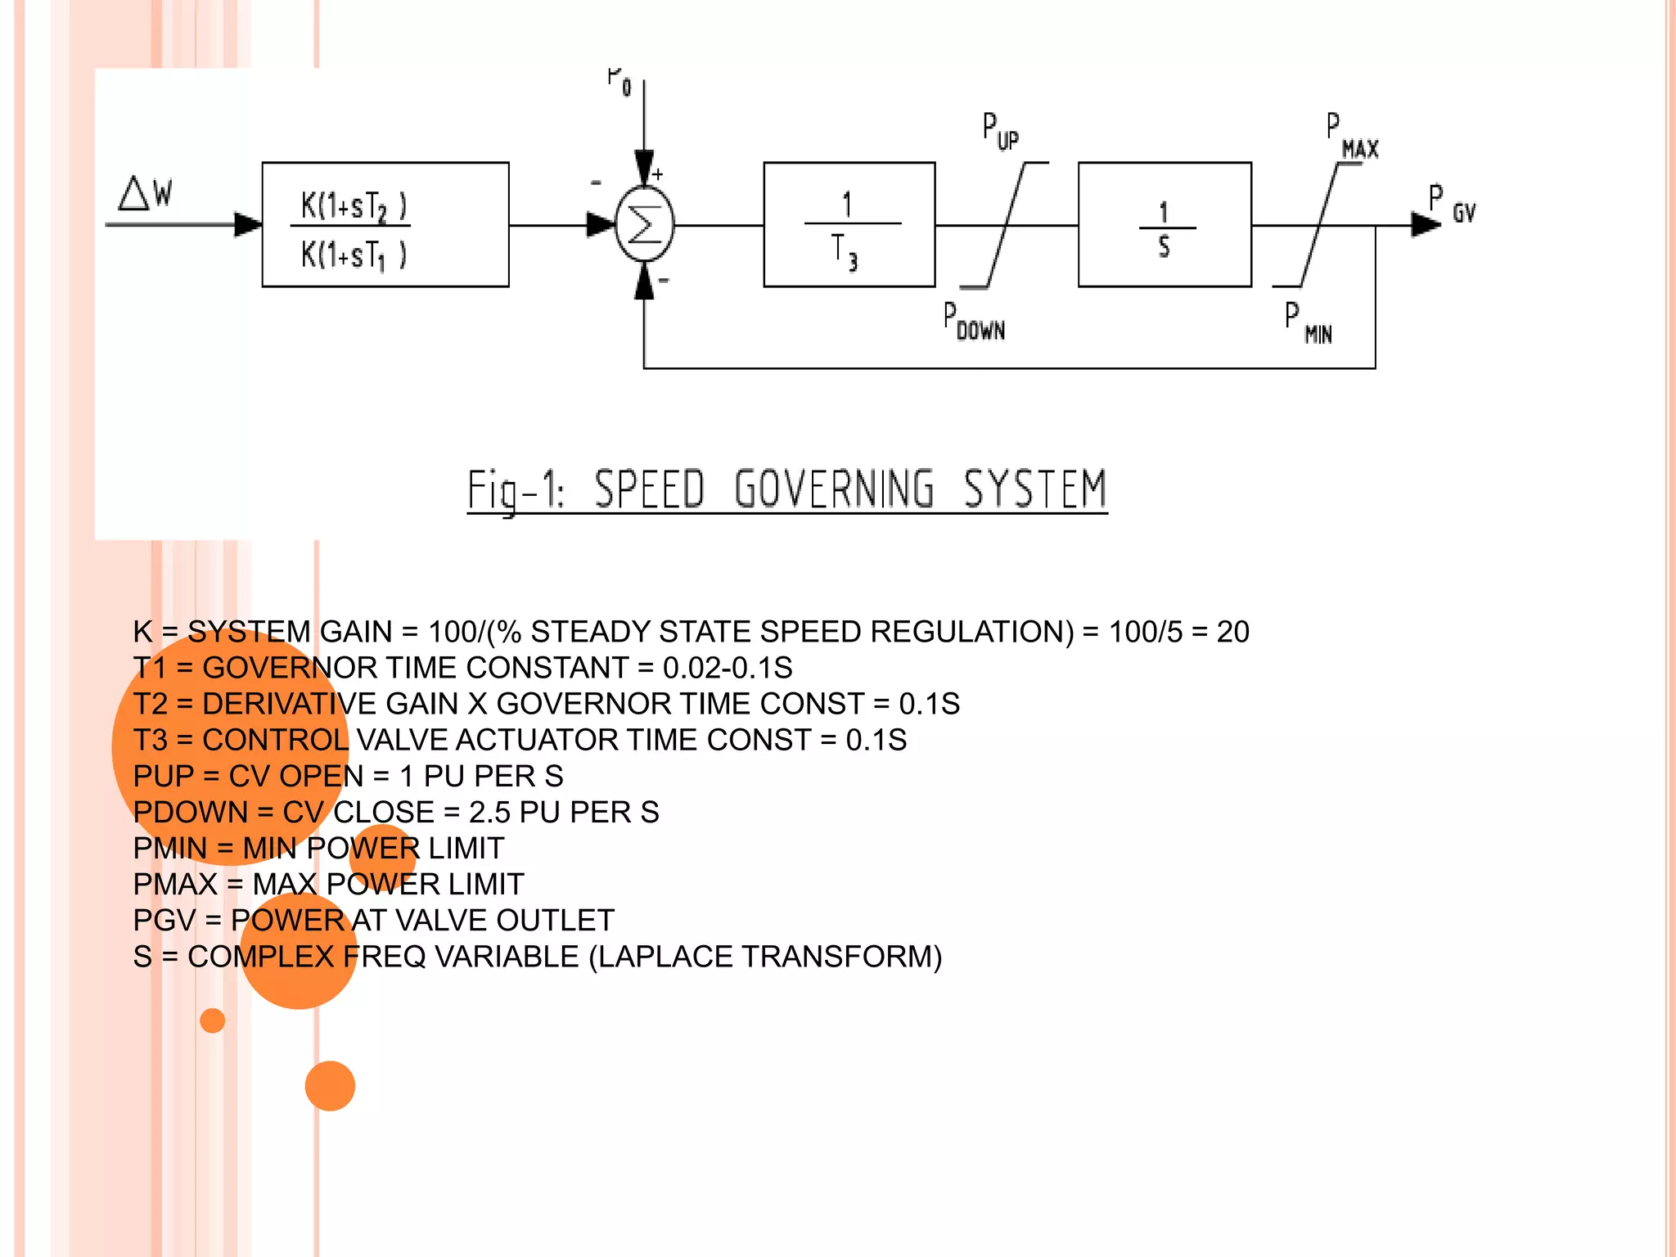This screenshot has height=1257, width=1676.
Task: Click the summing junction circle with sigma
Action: click(x=644, y=225)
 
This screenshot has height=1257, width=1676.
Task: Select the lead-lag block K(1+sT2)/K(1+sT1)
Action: click(x=385, y=225)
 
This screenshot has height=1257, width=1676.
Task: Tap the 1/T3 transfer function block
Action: click(x=849, y=225)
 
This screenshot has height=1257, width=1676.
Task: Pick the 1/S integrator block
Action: click(x=1165, y=225)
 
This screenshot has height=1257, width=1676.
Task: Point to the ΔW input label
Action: click(x=145, y=194)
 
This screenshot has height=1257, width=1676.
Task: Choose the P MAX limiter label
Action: click(x=1352, y=137)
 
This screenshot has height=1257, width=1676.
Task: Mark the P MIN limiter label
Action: click(x=1308, y=324)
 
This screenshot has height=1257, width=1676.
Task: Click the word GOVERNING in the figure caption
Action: click(x=833, y=489)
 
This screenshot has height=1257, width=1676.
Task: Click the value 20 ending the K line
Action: click(x=1232, y=632)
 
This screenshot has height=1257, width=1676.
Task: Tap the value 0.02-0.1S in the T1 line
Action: click(x=728, y=668)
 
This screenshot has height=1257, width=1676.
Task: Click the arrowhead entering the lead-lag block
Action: click(x=248, y=224)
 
